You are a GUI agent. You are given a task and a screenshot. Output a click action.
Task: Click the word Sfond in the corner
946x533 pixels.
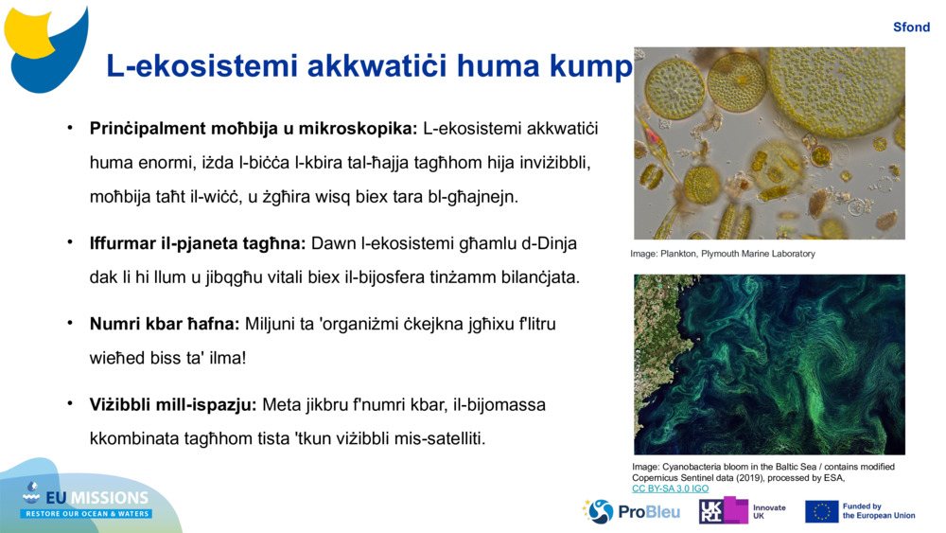point(911,27)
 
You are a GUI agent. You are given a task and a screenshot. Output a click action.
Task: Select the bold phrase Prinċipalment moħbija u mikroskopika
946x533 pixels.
point(254,129)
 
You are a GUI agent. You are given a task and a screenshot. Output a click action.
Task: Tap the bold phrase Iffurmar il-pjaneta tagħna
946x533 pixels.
point(198,243)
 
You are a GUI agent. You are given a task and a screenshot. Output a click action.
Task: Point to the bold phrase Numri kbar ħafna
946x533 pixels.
point(165,324)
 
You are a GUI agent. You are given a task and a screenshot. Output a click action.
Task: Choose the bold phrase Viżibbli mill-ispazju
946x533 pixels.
point(173,404)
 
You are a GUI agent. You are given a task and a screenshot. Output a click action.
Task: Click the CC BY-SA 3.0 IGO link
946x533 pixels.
point(671,489)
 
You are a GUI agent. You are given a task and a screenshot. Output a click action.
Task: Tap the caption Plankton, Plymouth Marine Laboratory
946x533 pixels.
point(737,254)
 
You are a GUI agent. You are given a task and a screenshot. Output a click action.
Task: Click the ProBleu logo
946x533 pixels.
point(631,512)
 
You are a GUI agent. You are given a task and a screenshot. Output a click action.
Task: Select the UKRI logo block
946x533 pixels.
point(724,510)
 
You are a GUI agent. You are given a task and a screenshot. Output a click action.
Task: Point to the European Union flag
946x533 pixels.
point(821,512)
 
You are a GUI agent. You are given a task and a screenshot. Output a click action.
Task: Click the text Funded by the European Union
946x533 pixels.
point(879,511)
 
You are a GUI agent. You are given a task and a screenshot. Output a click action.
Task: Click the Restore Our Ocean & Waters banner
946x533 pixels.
point(86,514)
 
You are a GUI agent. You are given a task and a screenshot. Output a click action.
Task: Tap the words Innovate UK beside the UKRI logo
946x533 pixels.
point(769,512)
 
